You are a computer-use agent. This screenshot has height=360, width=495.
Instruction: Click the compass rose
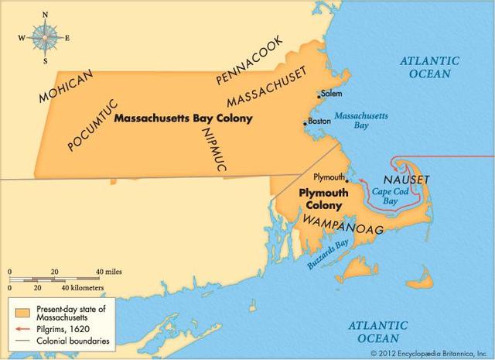coord(43,36)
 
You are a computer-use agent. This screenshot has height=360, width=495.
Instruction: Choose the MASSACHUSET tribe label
coord(267,87)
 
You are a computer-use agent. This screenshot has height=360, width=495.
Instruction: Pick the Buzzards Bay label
coord(318,252)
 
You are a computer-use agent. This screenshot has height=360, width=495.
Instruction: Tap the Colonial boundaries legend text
coord(76,340)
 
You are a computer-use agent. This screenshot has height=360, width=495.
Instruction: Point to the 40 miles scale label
coord(110,273)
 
